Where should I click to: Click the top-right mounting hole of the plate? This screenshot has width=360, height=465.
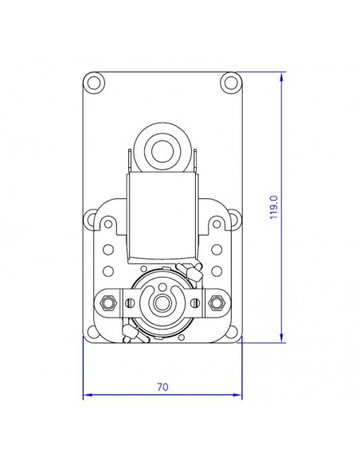230,81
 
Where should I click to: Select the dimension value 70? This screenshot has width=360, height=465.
162,387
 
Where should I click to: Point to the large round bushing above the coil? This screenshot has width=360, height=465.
163,147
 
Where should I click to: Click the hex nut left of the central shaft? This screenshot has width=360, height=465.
110,303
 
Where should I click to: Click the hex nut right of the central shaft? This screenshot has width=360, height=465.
216,303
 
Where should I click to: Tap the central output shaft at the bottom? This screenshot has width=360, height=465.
163,303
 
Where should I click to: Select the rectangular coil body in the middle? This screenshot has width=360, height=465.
163,219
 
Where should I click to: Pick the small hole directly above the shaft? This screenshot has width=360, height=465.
163,287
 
